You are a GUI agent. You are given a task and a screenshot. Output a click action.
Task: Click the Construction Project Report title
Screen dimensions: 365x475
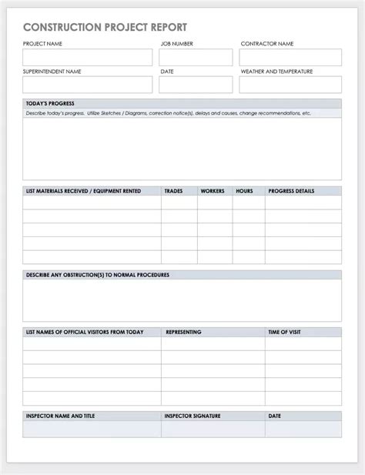105,27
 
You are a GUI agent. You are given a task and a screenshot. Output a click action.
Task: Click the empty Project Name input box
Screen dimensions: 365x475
88,58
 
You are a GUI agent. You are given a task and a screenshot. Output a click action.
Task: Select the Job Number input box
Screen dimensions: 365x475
196,58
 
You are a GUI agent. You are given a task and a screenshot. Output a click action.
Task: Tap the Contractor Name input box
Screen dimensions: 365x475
290,58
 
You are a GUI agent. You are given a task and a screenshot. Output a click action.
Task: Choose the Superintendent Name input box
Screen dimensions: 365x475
88,85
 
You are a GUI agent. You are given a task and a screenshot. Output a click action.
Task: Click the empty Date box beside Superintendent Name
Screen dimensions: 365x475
196,85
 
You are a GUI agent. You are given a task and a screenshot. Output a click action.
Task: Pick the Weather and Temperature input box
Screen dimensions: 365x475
290,85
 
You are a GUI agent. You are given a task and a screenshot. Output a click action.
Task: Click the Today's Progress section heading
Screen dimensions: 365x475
50,104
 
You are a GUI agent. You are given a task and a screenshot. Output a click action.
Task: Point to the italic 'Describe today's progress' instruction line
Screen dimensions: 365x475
168,113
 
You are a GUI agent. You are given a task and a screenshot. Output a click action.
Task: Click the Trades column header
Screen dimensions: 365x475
174,190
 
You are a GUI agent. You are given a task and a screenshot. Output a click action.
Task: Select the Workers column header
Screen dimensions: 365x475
213,190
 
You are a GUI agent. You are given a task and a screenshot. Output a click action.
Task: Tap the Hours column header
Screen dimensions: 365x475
244,190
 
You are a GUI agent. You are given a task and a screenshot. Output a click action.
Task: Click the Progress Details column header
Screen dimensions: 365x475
291,190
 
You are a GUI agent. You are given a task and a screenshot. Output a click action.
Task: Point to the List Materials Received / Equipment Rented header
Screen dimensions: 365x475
83,190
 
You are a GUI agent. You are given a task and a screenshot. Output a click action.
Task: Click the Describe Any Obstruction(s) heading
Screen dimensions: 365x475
97,274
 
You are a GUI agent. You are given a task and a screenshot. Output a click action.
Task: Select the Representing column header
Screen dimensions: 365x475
183,332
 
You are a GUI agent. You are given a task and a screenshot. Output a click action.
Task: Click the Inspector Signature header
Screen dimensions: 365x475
193,416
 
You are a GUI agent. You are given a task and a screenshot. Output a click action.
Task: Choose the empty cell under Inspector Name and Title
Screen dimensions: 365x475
92,429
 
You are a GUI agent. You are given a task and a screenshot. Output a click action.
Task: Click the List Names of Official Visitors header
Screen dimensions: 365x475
85,332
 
